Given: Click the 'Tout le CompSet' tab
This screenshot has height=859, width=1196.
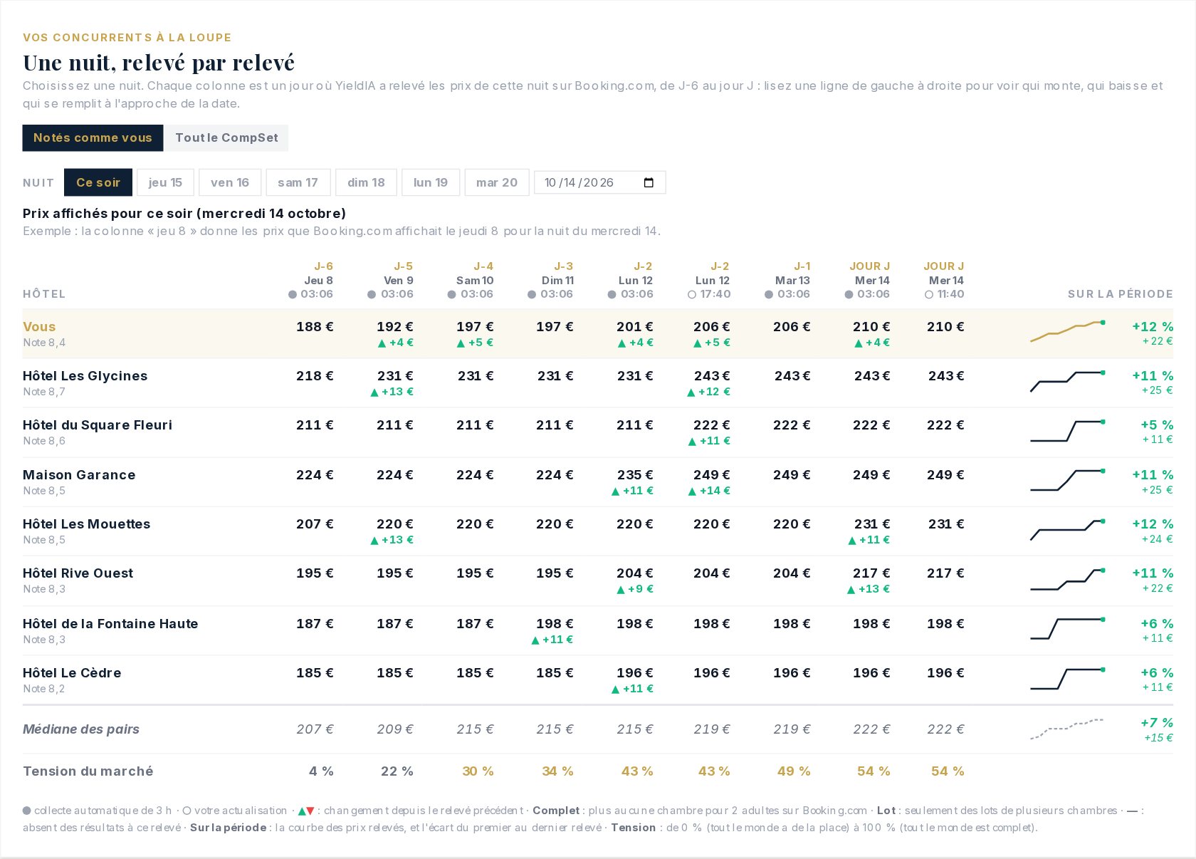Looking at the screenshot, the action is (x=226, y=138).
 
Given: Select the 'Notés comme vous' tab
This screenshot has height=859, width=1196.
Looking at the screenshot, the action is (x=93, y=138).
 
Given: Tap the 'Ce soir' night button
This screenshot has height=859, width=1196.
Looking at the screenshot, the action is (x=98, y=182).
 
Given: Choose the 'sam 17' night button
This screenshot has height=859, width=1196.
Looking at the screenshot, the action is (x=298, y=182).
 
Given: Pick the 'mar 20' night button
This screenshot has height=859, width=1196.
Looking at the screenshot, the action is (x=497, y=182).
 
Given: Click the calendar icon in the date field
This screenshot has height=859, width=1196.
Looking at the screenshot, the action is (x=649, y=182).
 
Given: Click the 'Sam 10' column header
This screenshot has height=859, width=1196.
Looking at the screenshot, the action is (x=475, y=281).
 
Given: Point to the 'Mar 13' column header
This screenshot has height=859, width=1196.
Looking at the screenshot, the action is (x=792, y=281).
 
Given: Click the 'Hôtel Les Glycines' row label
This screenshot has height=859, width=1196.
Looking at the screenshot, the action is (x=85, y=375).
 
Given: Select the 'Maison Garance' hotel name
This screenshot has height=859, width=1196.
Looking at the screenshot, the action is (x=79, y=475).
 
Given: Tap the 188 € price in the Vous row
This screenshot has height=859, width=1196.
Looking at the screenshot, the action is (x=315, y=326).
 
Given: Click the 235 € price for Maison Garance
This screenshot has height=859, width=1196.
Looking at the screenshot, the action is (x=635, y=475).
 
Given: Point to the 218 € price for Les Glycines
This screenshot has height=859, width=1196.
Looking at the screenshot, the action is (x=315, y=375).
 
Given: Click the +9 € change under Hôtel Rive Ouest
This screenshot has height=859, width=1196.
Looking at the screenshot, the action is (x=635, y=589).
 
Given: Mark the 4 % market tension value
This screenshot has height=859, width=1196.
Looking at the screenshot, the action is (x=321, y=771).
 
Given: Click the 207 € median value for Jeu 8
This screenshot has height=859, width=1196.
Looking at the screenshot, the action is (x=315, y=729).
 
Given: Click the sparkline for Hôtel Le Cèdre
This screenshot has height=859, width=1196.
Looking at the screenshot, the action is (x=1067, y=679).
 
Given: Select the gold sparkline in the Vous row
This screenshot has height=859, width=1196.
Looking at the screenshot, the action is (x=1067, y=332).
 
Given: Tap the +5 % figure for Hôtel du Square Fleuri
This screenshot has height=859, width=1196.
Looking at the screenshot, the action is (x=1157, y=425).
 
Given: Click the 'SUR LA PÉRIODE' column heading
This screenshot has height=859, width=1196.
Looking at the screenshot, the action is (x=1121, y=294).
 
